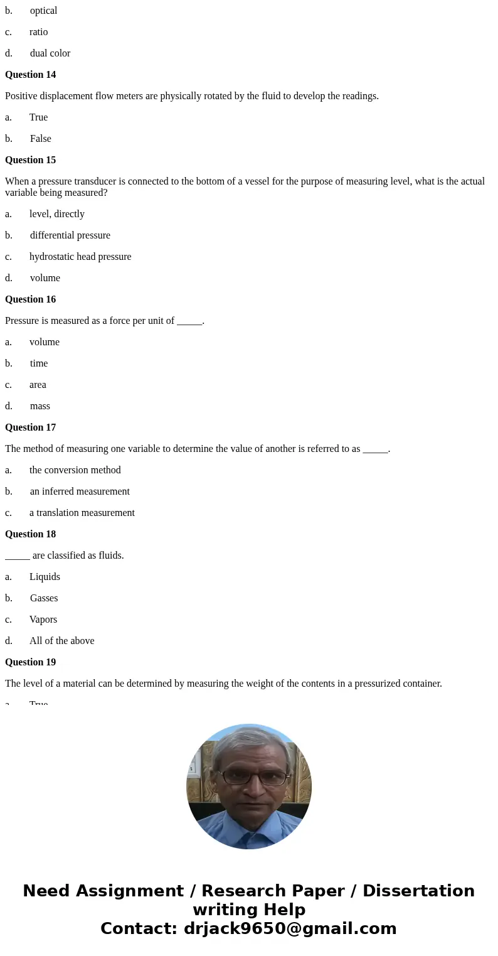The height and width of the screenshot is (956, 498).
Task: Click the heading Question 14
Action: pos(30,75)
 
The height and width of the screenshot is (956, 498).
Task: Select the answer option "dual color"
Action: pos(50,53)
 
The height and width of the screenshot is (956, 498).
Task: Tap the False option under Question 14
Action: pos(40,139)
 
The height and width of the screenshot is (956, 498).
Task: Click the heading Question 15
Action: pos(30,160)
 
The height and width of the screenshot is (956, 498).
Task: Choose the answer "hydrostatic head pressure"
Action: pos(80,257)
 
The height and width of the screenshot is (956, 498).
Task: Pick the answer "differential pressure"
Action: pos(70,235)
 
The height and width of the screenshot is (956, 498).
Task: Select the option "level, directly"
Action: pos(56,214)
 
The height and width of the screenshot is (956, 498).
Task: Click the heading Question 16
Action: pos(30,299)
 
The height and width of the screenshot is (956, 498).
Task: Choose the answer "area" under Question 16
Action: pos(38,385)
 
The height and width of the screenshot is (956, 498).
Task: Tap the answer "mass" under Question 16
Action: pos(40,406)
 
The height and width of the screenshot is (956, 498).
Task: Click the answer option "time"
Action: pos(38,363)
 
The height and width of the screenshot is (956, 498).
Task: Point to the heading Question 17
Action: pos(30,427)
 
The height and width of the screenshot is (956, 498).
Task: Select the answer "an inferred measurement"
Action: pos(80,491)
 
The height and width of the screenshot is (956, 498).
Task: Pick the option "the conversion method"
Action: pos(75,470)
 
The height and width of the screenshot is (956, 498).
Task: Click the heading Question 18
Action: pos(30,534)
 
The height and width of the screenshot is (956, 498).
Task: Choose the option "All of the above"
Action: pos(61,641)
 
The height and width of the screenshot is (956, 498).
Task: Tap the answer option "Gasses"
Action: pos(43,598)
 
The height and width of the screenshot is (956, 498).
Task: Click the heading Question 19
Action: pos(30,662)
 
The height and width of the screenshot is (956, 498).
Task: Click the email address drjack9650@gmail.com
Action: pos(290,928)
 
